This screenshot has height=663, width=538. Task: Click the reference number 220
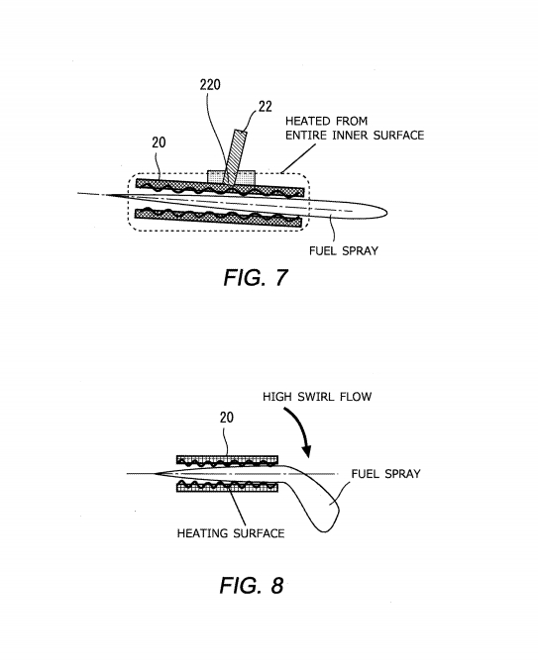(210, 84)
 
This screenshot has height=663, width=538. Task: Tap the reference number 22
(265, 107)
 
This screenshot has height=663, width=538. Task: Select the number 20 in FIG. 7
(159, 142)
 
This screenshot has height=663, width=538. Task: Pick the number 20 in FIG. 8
(227, 418)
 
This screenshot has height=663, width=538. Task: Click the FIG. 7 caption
(256, 278)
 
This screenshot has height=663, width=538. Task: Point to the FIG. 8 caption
(252, 585)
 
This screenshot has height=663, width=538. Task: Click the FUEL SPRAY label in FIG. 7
(343, 250)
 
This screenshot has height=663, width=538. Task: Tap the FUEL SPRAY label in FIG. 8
(385, 474)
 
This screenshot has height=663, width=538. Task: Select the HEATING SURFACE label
(231, 533)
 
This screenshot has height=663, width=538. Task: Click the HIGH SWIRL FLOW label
(317, 397)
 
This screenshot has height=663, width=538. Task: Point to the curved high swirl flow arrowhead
(308, 451)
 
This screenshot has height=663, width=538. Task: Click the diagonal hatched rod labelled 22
(235, 157)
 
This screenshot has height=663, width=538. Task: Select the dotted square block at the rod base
(232, 177)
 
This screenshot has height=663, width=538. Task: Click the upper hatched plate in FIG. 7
(220, 188)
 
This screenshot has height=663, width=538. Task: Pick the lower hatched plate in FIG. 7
(218, 218)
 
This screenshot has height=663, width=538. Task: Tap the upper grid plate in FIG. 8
(227, 461)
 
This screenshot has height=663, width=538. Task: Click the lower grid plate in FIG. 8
(227, 486)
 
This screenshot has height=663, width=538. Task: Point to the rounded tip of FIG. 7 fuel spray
(386, 213)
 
